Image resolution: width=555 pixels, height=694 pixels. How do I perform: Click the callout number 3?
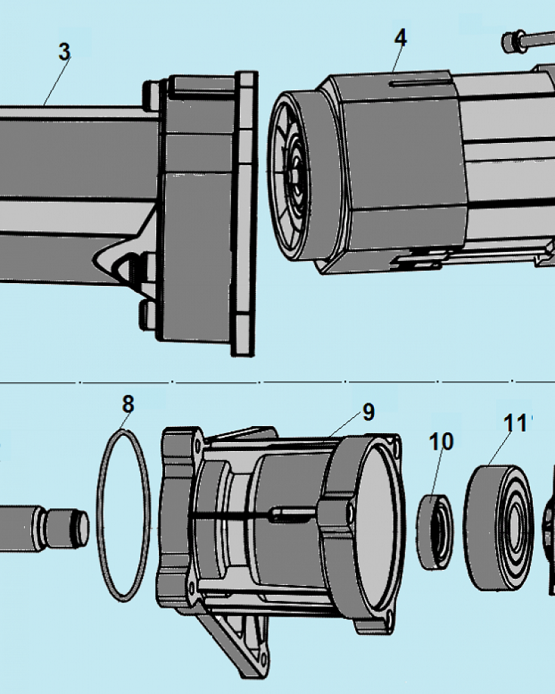(x=64, y=52)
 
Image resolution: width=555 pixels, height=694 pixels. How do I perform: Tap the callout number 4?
(x=400, y=38)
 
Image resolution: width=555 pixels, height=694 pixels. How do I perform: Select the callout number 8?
(x=128, y=403)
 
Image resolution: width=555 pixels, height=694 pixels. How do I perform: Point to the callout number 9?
(x=368, y=412)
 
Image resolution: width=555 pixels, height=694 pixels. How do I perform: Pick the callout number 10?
(x=441, y=441)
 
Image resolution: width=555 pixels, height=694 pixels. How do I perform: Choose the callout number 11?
(x=515, y=423)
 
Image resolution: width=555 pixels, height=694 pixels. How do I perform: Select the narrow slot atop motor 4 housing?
(x=416, y=85)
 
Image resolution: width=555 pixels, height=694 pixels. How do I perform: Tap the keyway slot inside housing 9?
(x=291, y=514)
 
